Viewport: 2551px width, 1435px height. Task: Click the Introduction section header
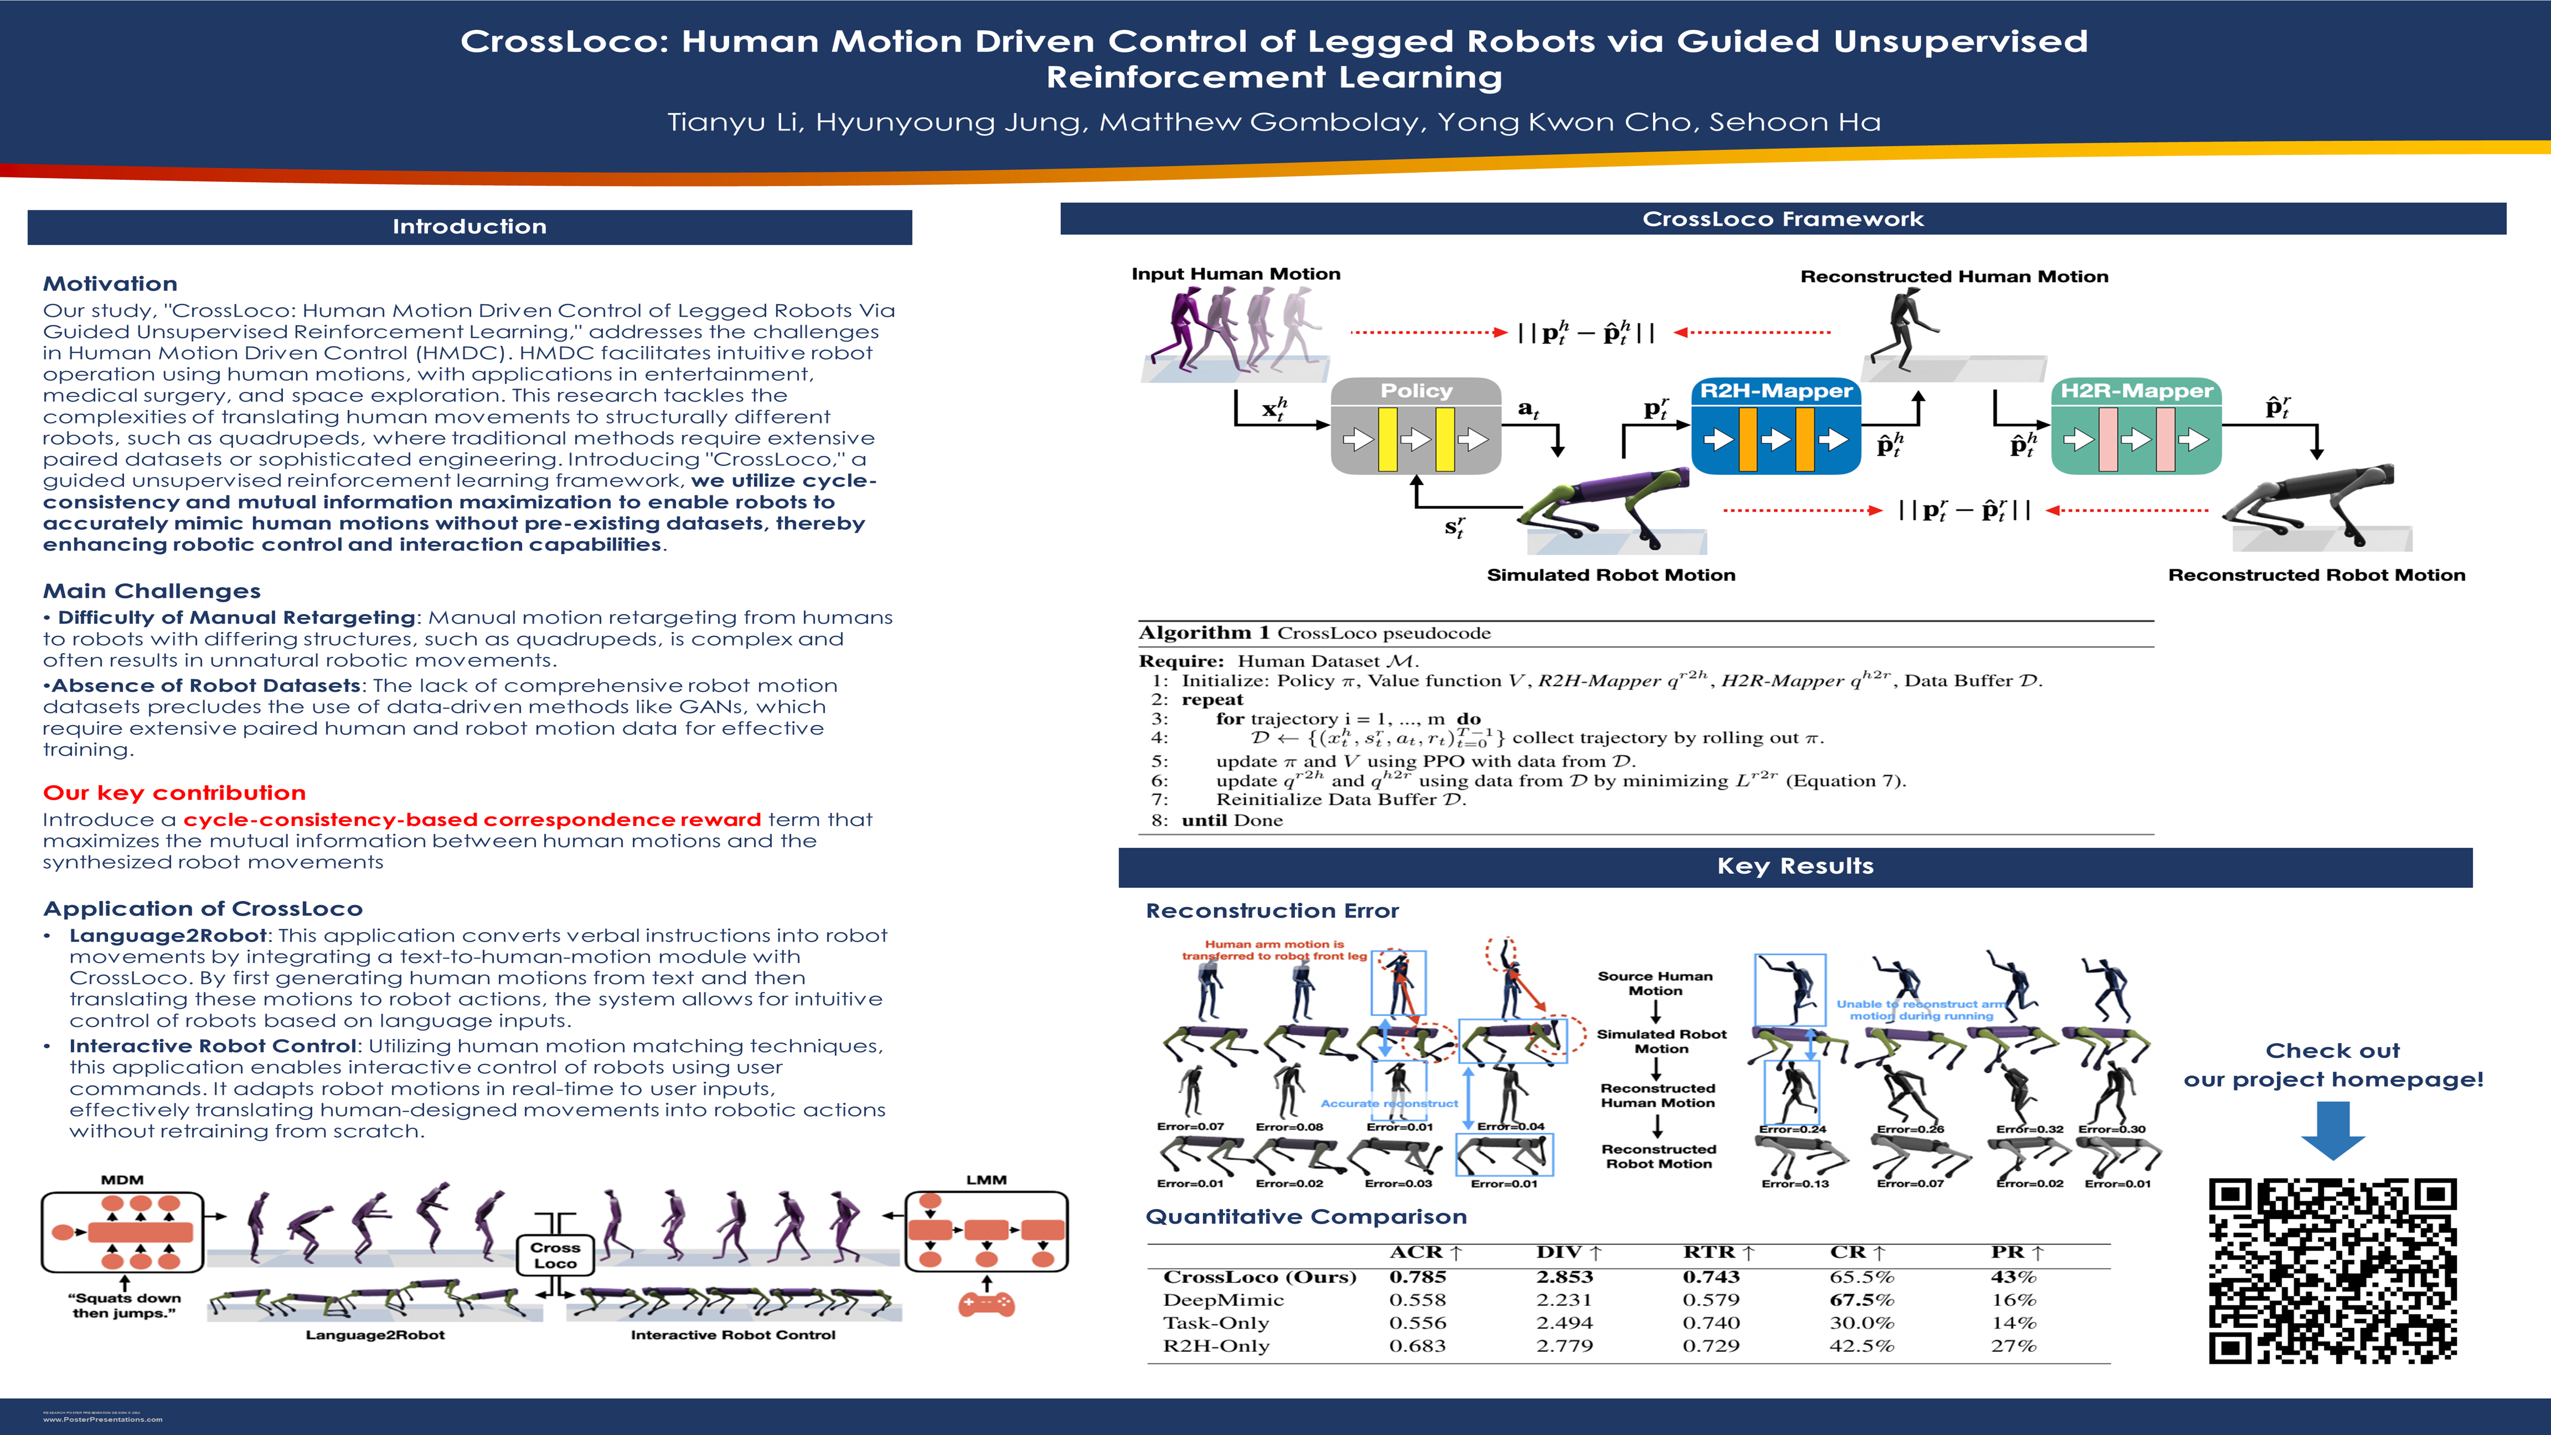[469, 227]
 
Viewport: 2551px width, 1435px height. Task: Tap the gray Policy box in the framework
[1416, 426]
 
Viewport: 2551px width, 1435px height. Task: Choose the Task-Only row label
[1216, 1323]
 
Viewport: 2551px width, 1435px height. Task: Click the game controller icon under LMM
[987, 1305]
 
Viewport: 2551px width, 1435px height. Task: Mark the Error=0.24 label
[1793, 1129]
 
